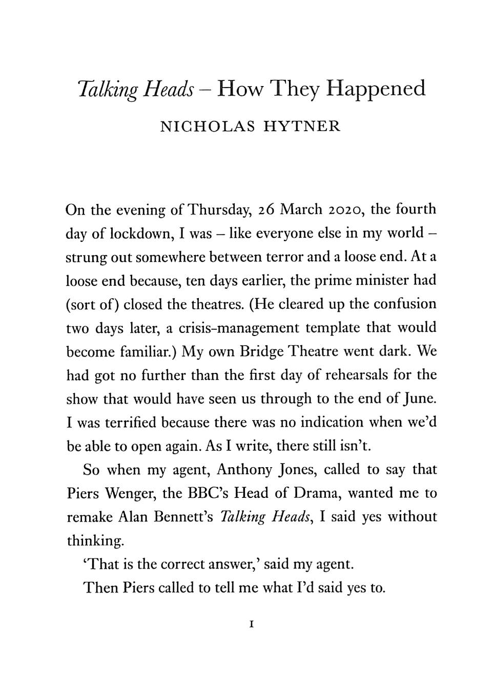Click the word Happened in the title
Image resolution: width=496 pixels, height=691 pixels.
pyautogui.click(x=376, y=90)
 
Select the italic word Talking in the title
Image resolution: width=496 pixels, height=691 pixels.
pyautogui.click(x=108, y=91)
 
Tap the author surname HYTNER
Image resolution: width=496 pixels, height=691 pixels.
pyautogui.click(x=302, y=127)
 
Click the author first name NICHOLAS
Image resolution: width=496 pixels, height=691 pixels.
pyautogui.click(x=208, y=127)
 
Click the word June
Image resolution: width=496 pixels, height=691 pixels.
pyautogui.click(x=421, y=399)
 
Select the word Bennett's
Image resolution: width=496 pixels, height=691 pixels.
pyautogui.click(x=179, y=517)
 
